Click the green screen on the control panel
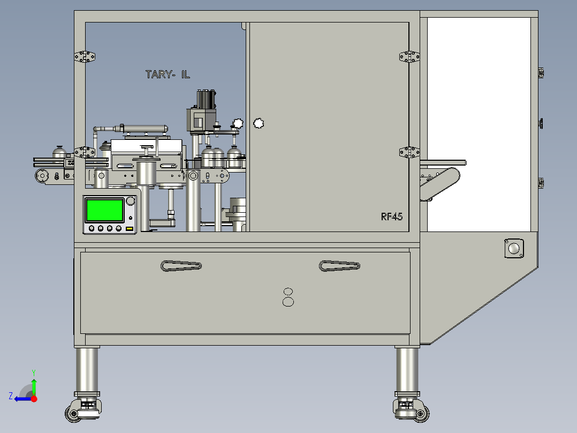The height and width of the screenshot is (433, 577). coord(105,210)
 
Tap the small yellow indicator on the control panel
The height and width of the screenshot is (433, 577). coord(129,229)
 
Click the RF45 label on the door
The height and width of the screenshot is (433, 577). coord(392,216)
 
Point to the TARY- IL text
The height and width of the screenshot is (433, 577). coord(168,75)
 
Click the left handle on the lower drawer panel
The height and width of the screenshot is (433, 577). coord(181,266)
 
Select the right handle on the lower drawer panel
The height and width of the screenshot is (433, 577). coord(339,266)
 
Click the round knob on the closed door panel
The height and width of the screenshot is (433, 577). coord(259,123)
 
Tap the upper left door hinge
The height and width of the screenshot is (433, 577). coord(85,57)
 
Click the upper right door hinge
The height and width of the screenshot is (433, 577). coord(409,57)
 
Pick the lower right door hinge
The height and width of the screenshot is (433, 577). coord(409,152)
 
